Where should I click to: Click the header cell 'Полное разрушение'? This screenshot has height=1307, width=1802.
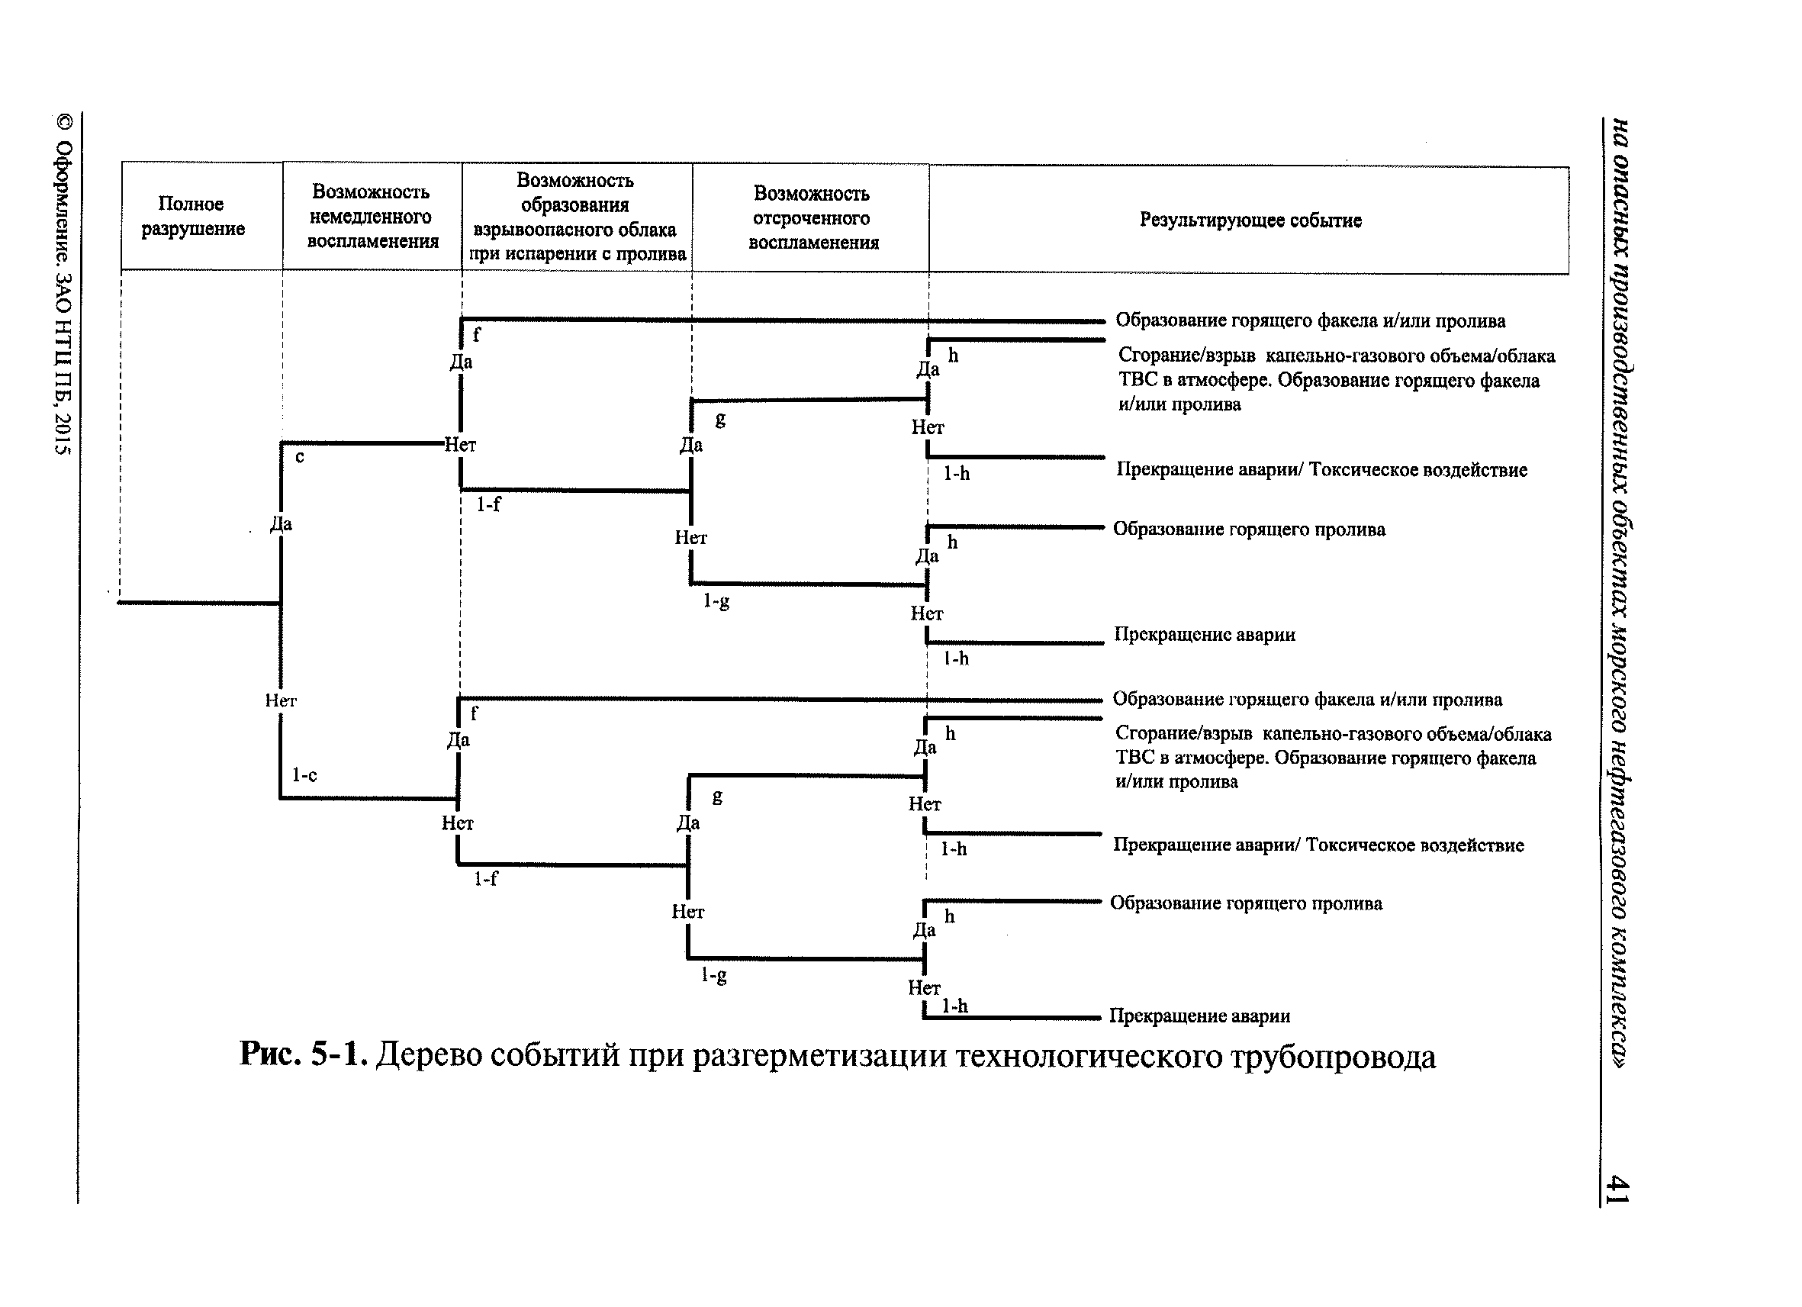tap(192, 216)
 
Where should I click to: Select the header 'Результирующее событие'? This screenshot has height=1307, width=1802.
tap(1250, 220)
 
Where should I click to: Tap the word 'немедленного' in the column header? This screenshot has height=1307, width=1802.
tap(370, 217)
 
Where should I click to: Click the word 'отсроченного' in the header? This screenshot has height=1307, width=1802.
tap(811, 218)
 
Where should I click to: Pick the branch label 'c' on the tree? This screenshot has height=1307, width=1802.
tap(300, 457)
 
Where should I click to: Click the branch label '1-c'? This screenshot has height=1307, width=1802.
tap(304, 774)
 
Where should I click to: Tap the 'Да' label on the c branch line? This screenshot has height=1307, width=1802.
tap(282, 523)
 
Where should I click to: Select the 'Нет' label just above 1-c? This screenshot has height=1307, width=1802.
tap(281, 700)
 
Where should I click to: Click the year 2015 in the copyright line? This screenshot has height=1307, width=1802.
tap(63, 434)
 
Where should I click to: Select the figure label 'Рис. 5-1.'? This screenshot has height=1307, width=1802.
tap(303, 1054)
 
